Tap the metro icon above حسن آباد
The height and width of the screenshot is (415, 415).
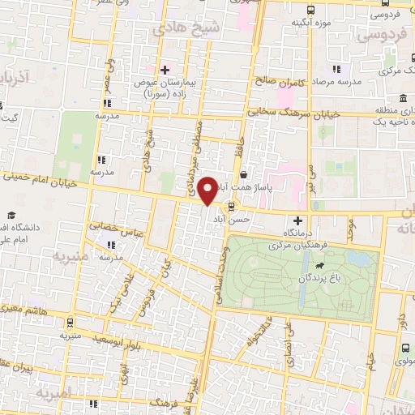[233, 205]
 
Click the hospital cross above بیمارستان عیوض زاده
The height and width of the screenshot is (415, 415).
[165, 70]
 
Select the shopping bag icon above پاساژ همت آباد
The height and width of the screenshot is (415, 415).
[244, 174]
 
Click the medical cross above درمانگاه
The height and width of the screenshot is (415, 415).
[297, 220]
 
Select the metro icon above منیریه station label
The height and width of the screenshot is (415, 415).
[70, 322]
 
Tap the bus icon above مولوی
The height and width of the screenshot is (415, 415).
[404, 347]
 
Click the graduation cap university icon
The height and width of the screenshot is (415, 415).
[12, 215]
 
